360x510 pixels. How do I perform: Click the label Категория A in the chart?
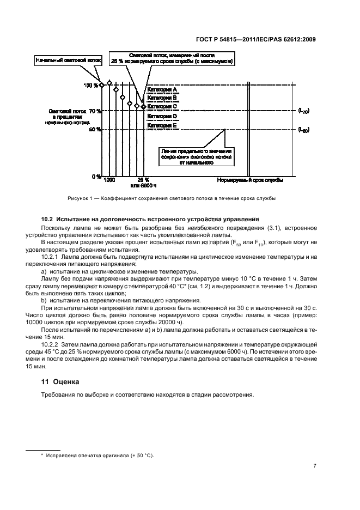click(x=162, y=89)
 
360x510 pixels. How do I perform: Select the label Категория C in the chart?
click(x=162, y=107)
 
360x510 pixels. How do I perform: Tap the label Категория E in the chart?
click(x=162, y=125)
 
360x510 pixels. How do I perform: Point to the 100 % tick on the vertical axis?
click(x=91, y=86)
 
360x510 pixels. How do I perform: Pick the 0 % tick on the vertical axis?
click(x=95, y=177)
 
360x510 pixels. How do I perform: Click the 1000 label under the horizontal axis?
click(x=109, y=180)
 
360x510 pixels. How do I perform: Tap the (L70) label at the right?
click(x=303, y=111)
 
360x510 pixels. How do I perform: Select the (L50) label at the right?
click(x=303, y=130)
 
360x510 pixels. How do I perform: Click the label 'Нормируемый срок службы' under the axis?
click(x=251, y=180)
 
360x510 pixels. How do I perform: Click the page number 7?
click(x=315, y=466)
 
